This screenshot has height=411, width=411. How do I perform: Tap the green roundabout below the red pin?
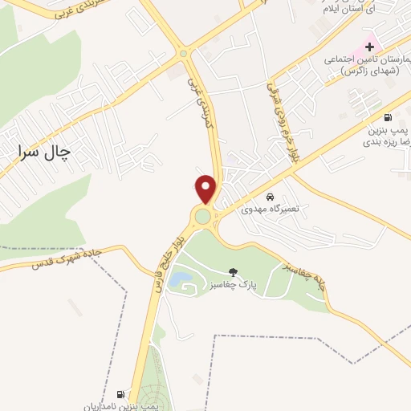pos(203,215)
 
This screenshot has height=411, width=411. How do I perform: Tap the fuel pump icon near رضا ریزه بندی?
pos(389,116)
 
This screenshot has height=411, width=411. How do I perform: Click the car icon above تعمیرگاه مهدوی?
pos(270,197)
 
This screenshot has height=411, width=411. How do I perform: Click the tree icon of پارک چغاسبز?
pos(234,272)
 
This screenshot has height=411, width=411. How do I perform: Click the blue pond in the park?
pos(182,279)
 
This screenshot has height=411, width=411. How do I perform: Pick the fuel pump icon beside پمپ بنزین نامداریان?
pos(120,394)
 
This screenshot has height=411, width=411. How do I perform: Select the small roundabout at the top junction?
pos(184,54)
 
